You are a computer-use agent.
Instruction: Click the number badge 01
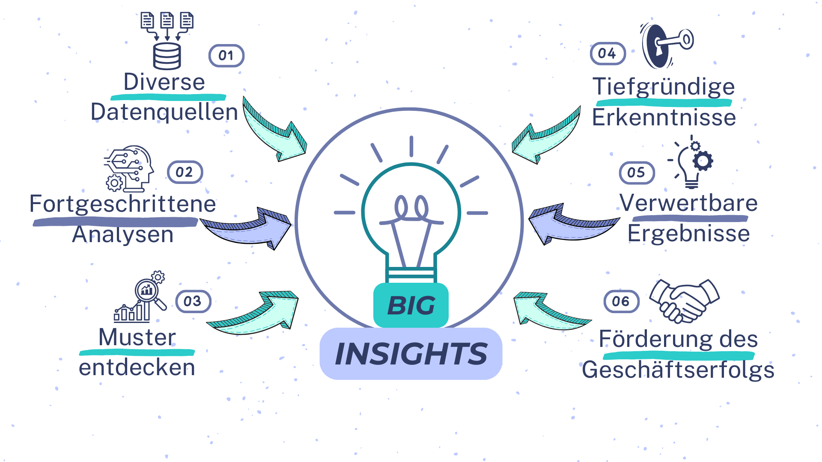[x=226, y=56]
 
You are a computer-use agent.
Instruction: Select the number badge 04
[x=608, y=54]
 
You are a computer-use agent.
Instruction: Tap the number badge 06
[x=621, y=302]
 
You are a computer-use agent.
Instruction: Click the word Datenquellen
[x=164, y=112]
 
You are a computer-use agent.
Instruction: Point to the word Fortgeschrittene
[x=122, y=204]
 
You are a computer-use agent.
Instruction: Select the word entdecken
[x=137, y=367]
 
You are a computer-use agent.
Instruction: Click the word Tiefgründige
[x=664, y=86]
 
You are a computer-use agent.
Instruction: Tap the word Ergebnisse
[x=688, y=234]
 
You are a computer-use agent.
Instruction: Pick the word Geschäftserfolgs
[x=678, y=370]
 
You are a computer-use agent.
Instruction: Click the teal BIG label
[x=411, y=305]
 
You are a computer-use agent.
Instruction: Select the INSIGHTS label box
[x=411, y=354]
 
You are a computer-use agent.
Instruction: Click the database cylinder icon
[x=167, y=56]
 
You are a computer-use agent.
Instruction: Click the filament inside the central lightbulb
[x=411, y=210]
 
